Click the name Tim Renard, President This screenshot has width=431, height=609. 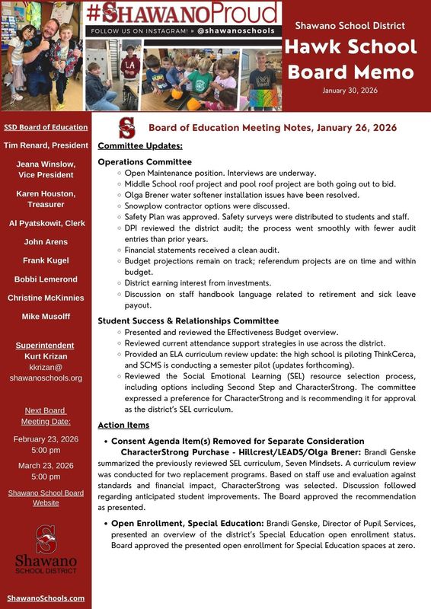tap(46, 145)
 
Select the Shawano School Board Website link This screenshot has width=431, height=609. tap(46, 498)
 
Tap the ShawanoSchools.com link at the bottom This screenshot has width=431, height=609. tap(46, 598)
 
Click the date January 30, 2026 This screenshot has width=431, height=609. tap(350, 91)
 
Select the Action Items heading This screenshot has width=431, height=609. tap(123, 425)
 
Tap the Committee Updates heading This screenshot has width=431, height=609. tap(139, 145)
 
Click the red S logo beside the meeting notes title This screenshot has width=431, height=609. tap(127, 127)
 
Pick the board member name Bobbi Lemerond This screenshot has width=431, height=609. tap(46, 279)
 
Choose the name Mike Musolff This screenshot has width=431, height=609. tap(46, 316)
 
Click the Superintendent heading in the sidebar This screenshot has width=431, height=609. tap(46, 345)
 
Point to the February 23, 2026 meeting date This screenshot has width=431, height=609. tap(46, 439)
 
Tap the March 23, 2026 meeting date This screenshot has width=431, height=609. tap(46, 465)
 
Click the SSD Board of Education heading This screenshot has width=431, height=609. tap(46, 127)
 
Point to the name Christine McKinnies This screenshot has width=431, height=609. tap(46, 298)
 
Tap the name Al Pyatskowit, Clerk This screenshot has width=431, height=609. tap(46, 223)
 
